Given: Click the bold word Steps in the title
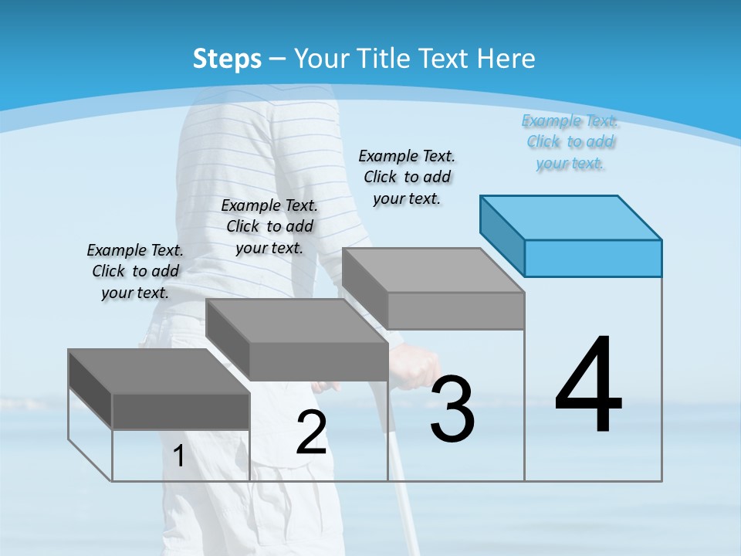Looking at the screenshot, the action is click(227, 59).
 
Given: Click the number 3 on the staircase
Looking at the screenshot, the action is click(452, 409).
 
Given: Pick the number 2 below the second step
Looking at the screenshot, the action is click(311, 432).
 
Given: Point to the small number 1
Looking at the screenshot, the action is click(179, 456).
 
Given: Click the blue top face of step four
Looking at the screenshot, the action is click(571, 217).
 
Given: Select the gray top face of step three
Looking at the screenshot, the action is click(433, 270).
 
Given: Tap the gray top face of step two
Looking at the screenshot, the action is click(296, 320).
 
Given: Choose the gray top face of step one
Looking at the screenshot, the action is click(159, 371).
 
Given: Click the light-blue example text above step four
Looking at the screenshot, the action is click(570, 142).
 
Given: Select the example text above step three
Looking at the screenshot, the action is click(407, 177).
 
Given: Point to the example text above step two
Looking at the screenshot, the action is click(269, 226).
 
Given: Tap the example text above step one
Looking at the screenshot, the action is click(135, 271).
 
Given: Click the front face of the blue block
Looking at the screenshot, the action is click(593, 258).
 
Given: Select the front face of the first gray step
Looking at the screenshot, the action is click(181, 411).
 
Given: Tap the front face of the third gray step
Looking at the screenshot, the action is click(455, 310).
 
